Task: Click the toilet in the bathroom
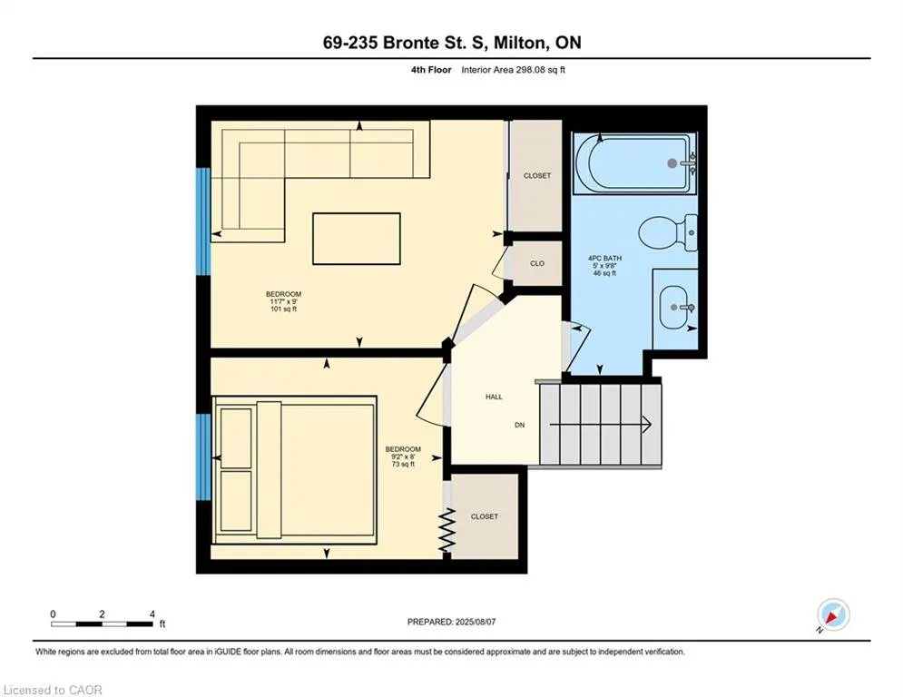coord(667,233)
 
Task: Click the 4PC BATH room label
coord(604,258)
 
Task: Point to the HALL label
coord(494,397)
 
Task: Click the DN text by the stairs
coord(519,425)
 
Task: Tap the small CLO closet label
coord(537,263)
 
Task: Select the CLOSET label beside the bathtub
coord(537,176)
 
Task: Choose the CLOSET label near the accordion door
coord(485,516)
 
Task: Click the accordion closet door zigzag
coord(447,530)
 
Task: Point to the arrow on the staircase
coord(600,425)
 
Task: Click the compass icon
coord(833,615)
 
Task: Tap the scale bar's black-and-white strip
coord(102,623)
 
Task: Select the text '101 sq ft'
coord(283,309)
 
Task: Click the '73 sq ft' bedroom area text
coord(403,465)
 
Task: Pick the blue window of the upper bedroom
coord(203,221)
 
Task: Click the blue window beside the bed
coord(203,457)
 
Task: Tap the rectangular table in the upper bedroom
coord(357,239)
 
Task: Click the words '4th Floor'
coord(431,70)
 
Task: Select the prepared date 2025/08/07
coord(476,622)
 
